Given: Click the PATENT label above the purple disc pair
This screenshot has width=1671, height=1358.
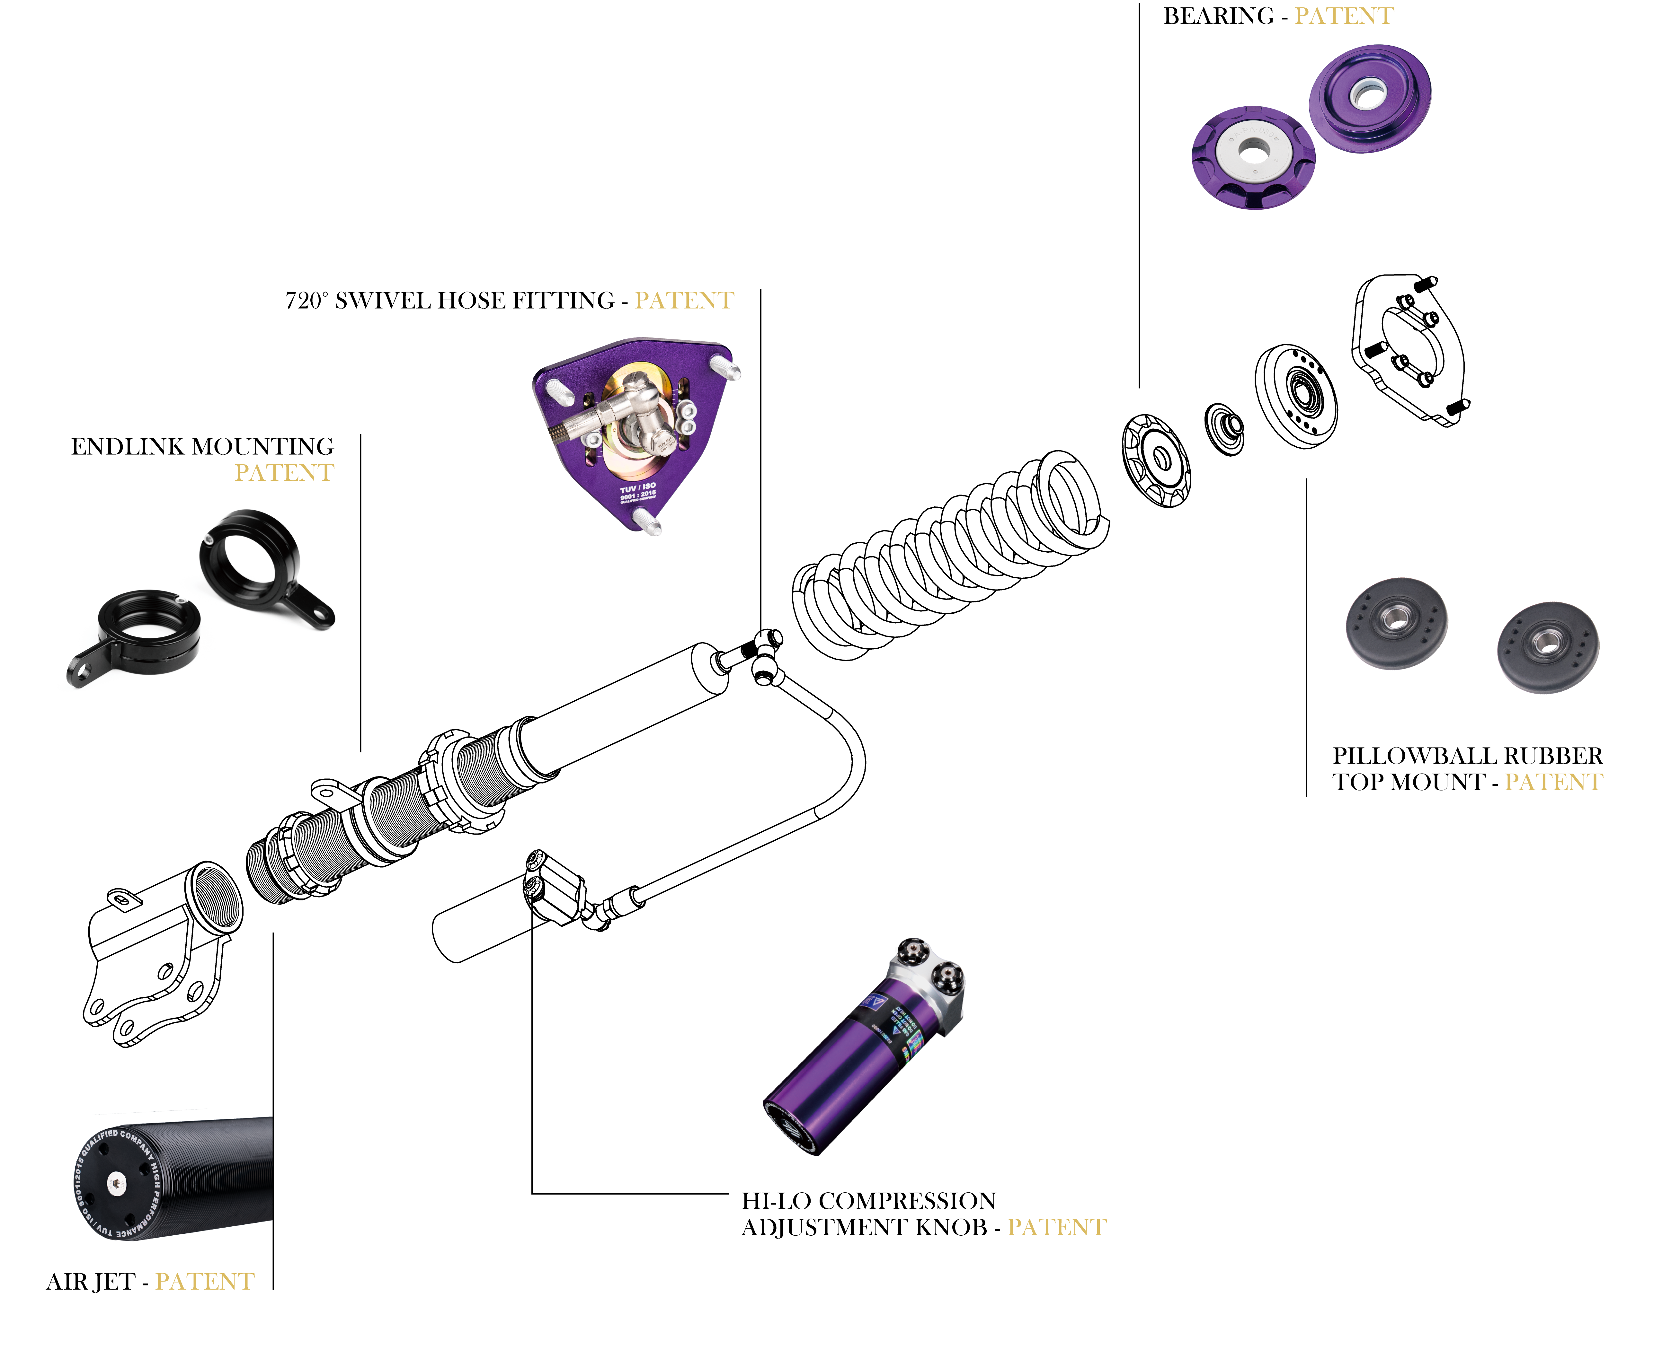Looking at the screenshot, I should (1344, 16).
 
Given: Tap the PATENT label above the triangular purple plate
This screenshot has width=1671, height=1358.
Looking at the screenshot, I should (684, 300).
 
